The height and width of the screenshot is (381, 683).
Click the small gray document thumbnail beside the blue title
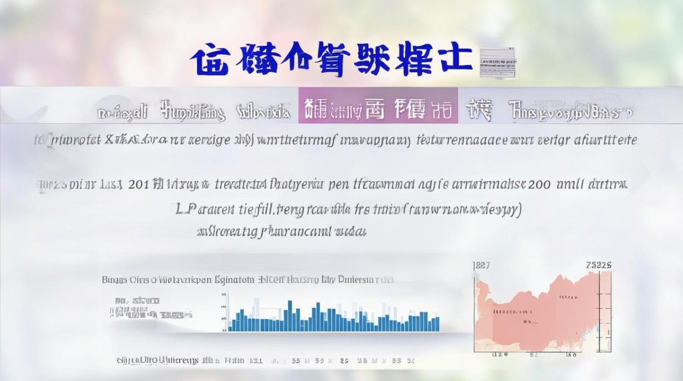coord(498,62)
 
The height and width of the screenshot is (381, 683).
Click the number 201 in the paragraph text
coord(139,184)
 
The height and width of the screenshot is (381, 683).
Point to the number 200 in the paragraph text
coord(539,184)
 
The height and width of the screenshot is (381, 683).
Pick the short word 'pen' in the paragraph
coord(336,184)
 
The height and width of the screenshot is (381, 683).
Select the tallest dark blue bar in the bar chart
coord(290,315)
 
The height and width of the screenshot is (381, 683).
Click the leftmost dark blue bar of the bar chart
coord(230,326)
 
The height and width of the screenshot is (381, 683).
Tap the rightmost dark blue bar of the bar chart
coord(437,324)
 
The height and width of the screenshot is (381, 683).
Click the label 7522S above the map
coord(598,265)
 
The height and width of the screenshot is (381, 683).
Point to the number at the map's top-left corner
coord(482,265)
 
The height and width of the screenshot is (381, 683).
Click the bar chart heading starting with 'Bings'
coord(247,279)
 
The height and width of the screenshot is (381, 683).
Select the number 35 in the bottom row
coord(296,361)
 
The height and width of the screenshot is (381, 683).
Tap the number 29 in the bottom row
coord(344,361)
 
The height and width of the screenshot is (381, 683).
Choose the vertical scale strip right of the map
coord(605,310)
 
